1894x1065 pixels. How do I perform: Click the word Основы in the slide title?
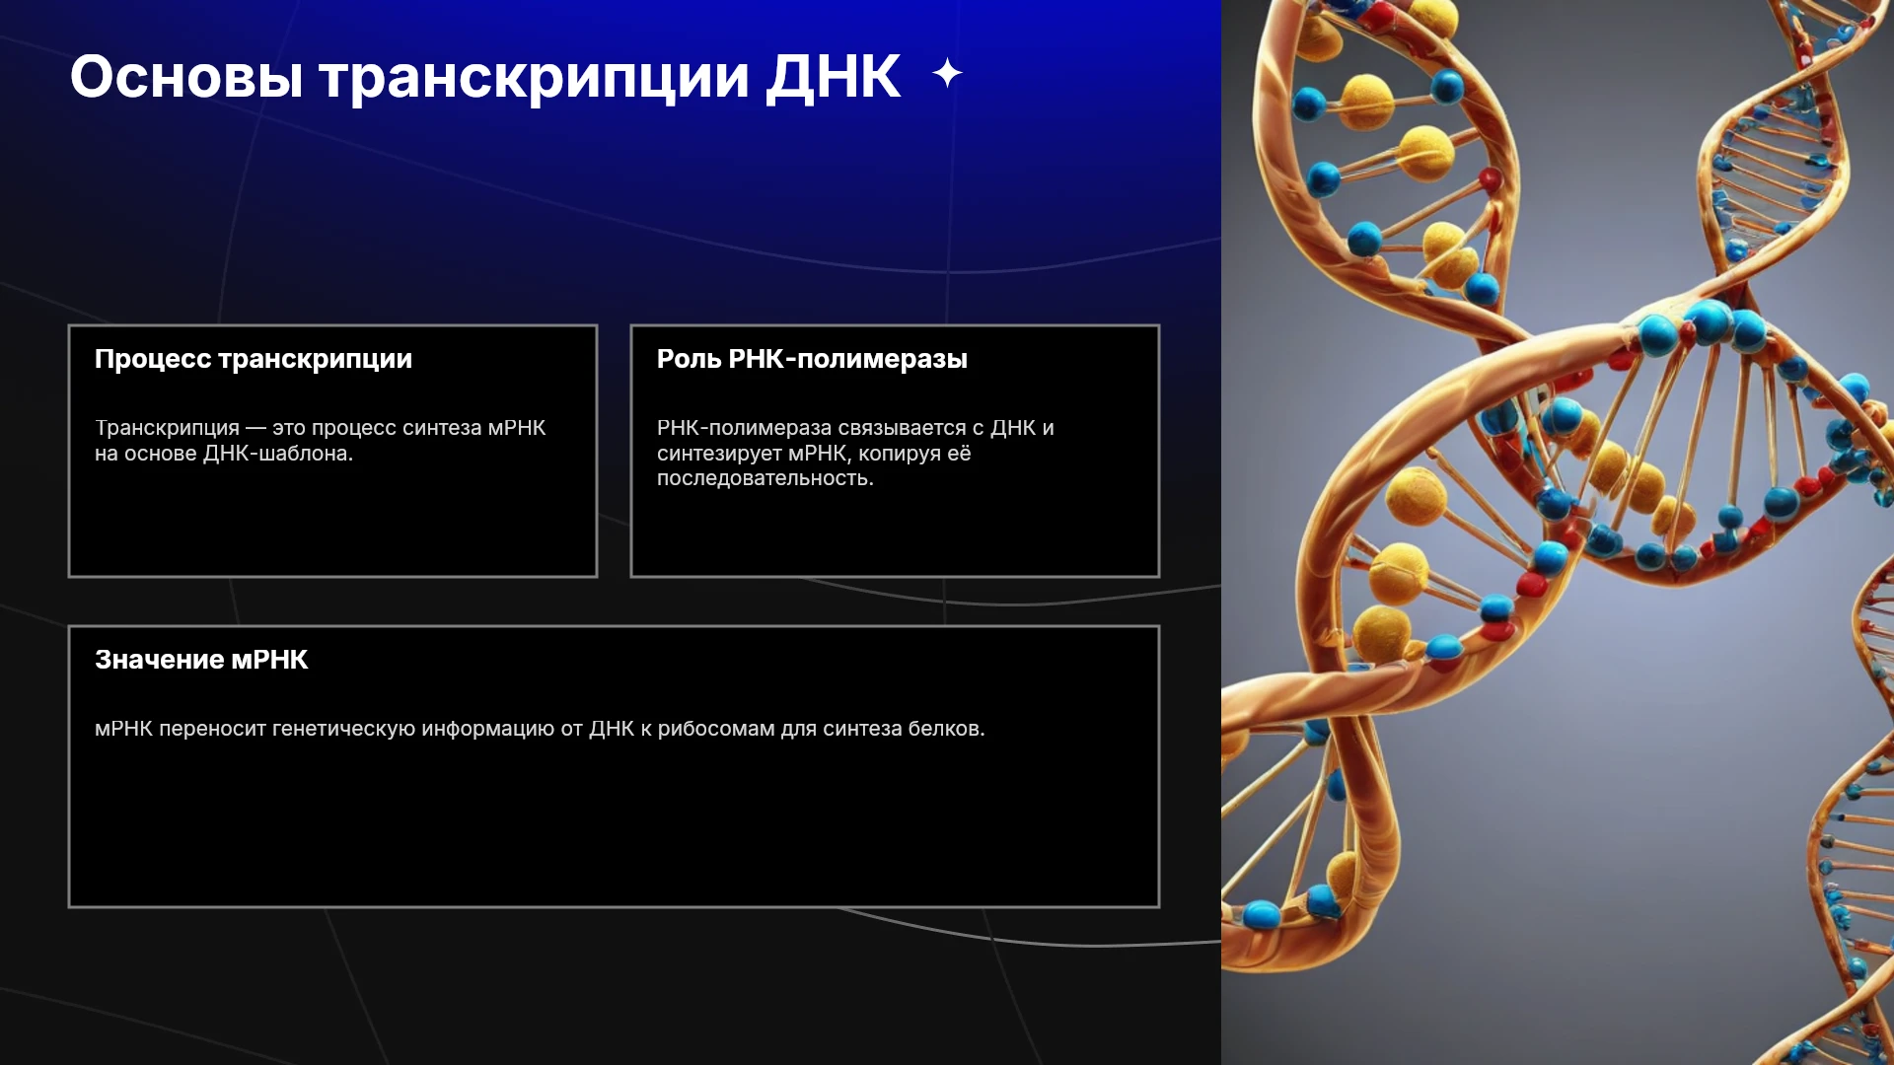click(186, 77)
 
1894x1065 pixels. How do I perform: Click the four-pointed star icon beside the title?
click(947, 73)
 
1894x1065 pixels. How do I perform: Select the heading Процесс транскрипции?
click(254, 360)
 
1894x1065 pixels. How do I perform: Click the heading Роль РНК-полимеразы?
click(812, 360)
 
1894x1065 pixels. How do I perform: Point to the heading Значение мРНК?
click(201, 660)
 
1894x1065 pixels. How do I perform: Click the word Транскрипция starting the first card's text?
click(167, 429)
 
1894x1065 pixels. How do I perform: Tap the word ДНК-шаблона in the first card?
click(277, 454)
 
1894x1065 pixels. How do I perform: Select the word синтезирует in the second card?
click(719, 454)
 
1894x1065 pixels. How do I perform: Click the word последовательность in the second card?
click(765, 478)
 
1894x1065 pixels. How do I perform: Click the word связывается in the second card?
click(902, 428)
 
